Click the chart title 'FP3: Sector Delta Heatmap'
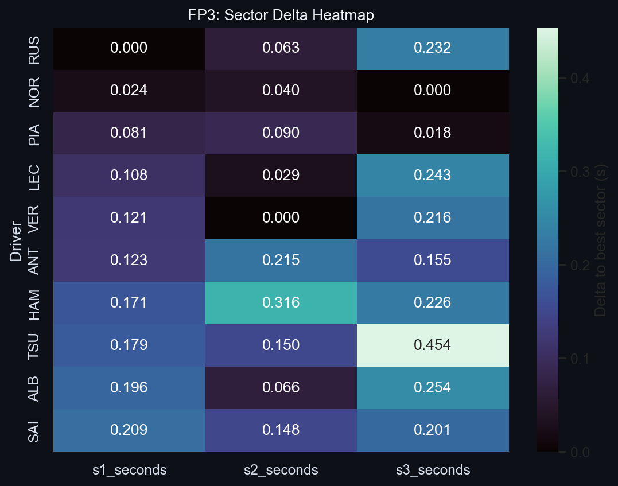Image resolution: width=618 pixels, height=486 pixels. coord(281,15)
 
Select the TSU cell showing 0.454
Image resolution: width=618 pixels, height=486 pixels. coord(432,345)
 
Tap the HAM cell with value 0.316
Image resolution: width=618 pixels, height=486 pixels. coord(281,302)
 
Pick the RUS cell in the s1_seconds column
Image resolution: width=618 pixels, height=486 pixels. coord(129,48)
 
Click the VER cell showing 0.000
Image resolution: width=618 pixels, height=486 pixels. coord(281,217)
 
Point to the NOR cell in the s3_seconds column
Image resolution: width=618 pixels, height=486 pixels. coord(432,91)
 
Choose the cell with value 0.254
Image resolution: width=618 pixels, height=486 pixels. coord(432,387)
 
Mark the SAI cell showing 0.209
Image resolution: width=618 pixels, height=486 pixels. coord(129,430)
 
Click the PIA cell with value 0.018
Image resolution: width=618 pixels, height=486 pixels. coord(432,133)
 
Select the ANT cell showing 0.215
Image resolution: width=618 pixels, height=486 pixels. coord(281,260)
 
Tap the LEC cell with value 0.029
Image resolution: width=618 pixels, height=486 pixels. coord(281,175)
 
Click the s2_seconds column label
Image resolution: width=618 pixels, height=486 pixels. coord(281,470)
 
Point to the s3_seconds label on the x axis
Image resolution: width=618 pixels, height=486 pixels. coord(433,470)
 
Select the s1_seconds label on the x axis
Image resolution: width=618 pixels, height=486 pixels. coord(129,470)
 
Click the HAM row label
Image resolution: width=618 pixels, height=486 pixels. coord(34,302)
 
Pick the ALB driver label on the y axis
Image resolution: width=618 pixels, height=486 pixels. coord(34,387)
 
